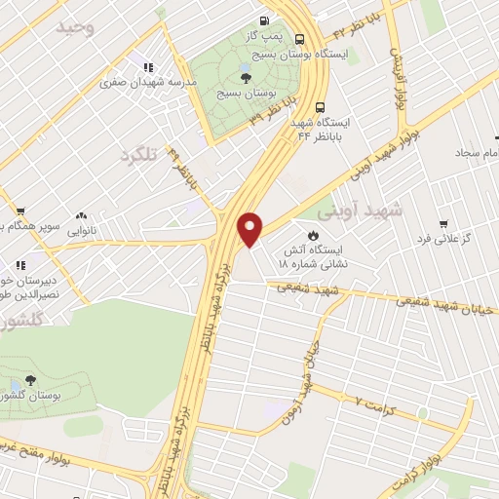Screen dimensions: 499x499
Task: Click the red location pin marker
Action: tap(250, 228)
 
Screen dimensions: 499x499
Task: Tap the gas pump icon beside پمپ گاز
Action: tap(264, 21)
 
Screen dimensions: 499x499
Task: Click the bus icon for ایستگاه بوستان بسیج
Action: tap(298, 40)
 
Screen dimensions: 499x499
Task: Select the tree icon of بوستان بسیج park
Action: tap(243, 77)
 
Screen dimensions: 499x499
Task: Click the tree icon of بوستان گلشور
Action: tap(30, 381)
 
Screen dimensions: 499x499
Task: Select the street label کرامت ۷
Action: tap(373, 401)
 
